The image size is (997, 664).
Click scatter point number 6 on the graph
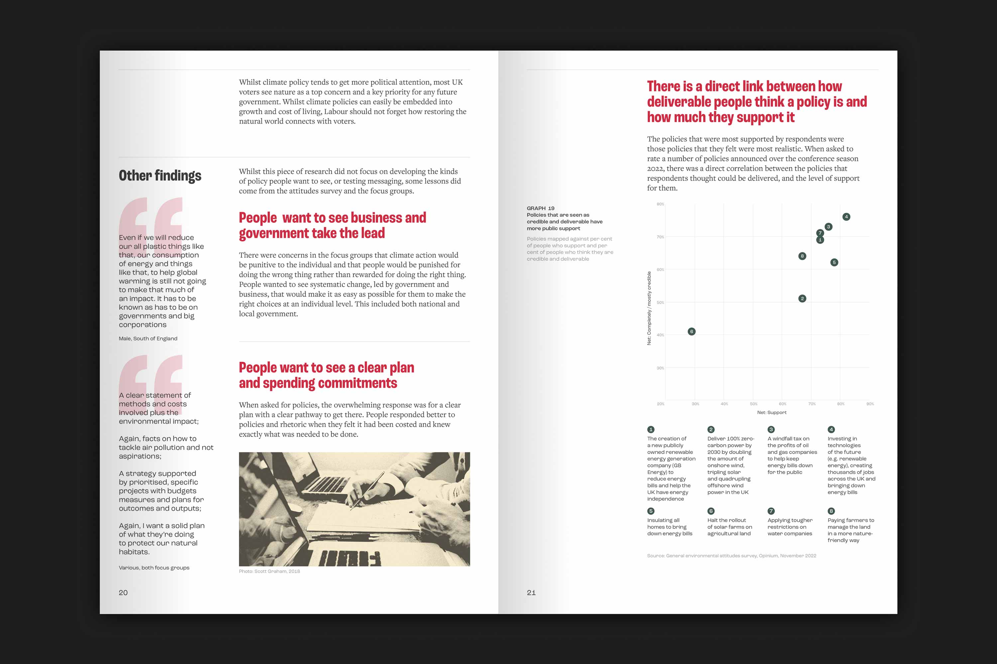(x=691, y=332)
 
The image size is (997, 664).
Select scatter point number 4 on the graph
(x=846, y=217)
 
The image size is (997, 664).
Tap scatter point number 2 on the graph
(x=802, y=298)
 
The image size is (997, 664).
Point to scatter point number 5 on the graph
(x=834, y=263)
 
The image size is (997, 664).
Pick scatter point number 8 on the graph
(x=802, y=256)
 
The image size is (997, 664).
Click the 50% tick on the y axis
(x=660, y=302)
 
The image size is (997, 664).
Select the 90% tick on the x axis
(x=870, y=404)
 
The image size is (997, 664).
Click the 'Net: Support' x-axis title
(x=771, y=412)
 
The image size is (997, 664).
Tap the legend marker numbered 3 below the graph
(x=771, y=429)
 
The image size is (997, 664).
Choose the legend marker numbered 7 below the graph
(x=771, y=511)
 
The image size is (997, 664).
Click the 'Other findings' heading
(x=160, y=176)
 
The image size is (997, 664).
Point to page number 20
(x=123, y=592)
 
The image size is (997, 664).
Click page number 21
(x=531, y=592)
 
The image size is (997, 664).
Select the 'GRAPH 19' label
(x=540, y=208)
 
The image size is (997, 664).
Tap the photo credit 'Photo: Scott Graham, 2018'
(x=269, y=571)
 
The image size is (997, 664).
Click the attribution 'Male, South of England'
(x=148, y=338)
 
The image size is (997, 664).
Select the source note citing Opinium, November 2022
(x=732, y=555)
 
